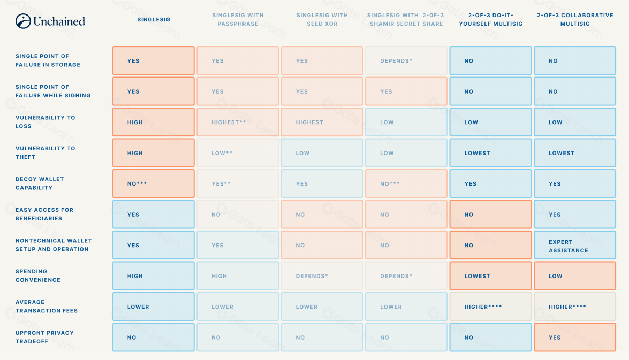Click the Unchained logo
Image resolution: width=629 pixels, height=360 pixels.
50,21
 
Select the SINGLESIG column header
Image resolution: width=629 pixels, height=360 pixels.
154,20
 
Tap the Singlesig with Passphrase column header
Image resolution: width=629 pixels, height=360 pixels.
238,20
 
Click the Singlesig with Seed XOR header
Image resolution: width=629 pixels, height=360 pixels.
322,20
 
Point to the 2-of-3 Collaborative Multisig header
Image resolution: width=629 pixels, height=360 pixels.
575,20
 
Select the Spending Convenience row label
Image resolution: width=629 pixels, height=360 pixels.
38,275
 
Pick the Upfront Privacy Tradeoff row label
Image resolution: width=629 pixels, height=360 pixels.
44,337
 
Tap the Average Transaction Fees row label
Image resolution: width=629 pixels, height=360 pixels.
47,307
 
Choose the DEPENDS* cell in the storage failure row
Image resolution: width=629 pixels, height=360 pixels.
406,61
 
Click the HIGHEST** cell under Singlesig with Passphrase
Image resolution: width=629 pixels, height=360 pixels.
238,122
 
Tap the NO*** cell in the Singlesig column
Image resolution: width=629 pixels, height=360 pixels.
154,184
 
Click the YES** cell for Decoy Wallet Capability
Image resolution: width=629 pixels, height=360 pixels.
238,184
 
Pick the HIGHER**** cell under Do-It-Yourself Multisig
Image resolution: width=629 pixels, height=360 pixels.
490,307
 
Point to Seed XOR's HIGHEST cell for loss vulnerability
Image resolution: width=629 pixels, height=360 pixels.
322,122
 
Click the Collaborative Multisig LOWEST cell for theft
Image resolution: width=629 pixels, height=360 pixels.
575,154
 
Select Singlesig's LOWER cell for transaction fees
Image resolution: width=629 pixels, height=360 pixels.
154,307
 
